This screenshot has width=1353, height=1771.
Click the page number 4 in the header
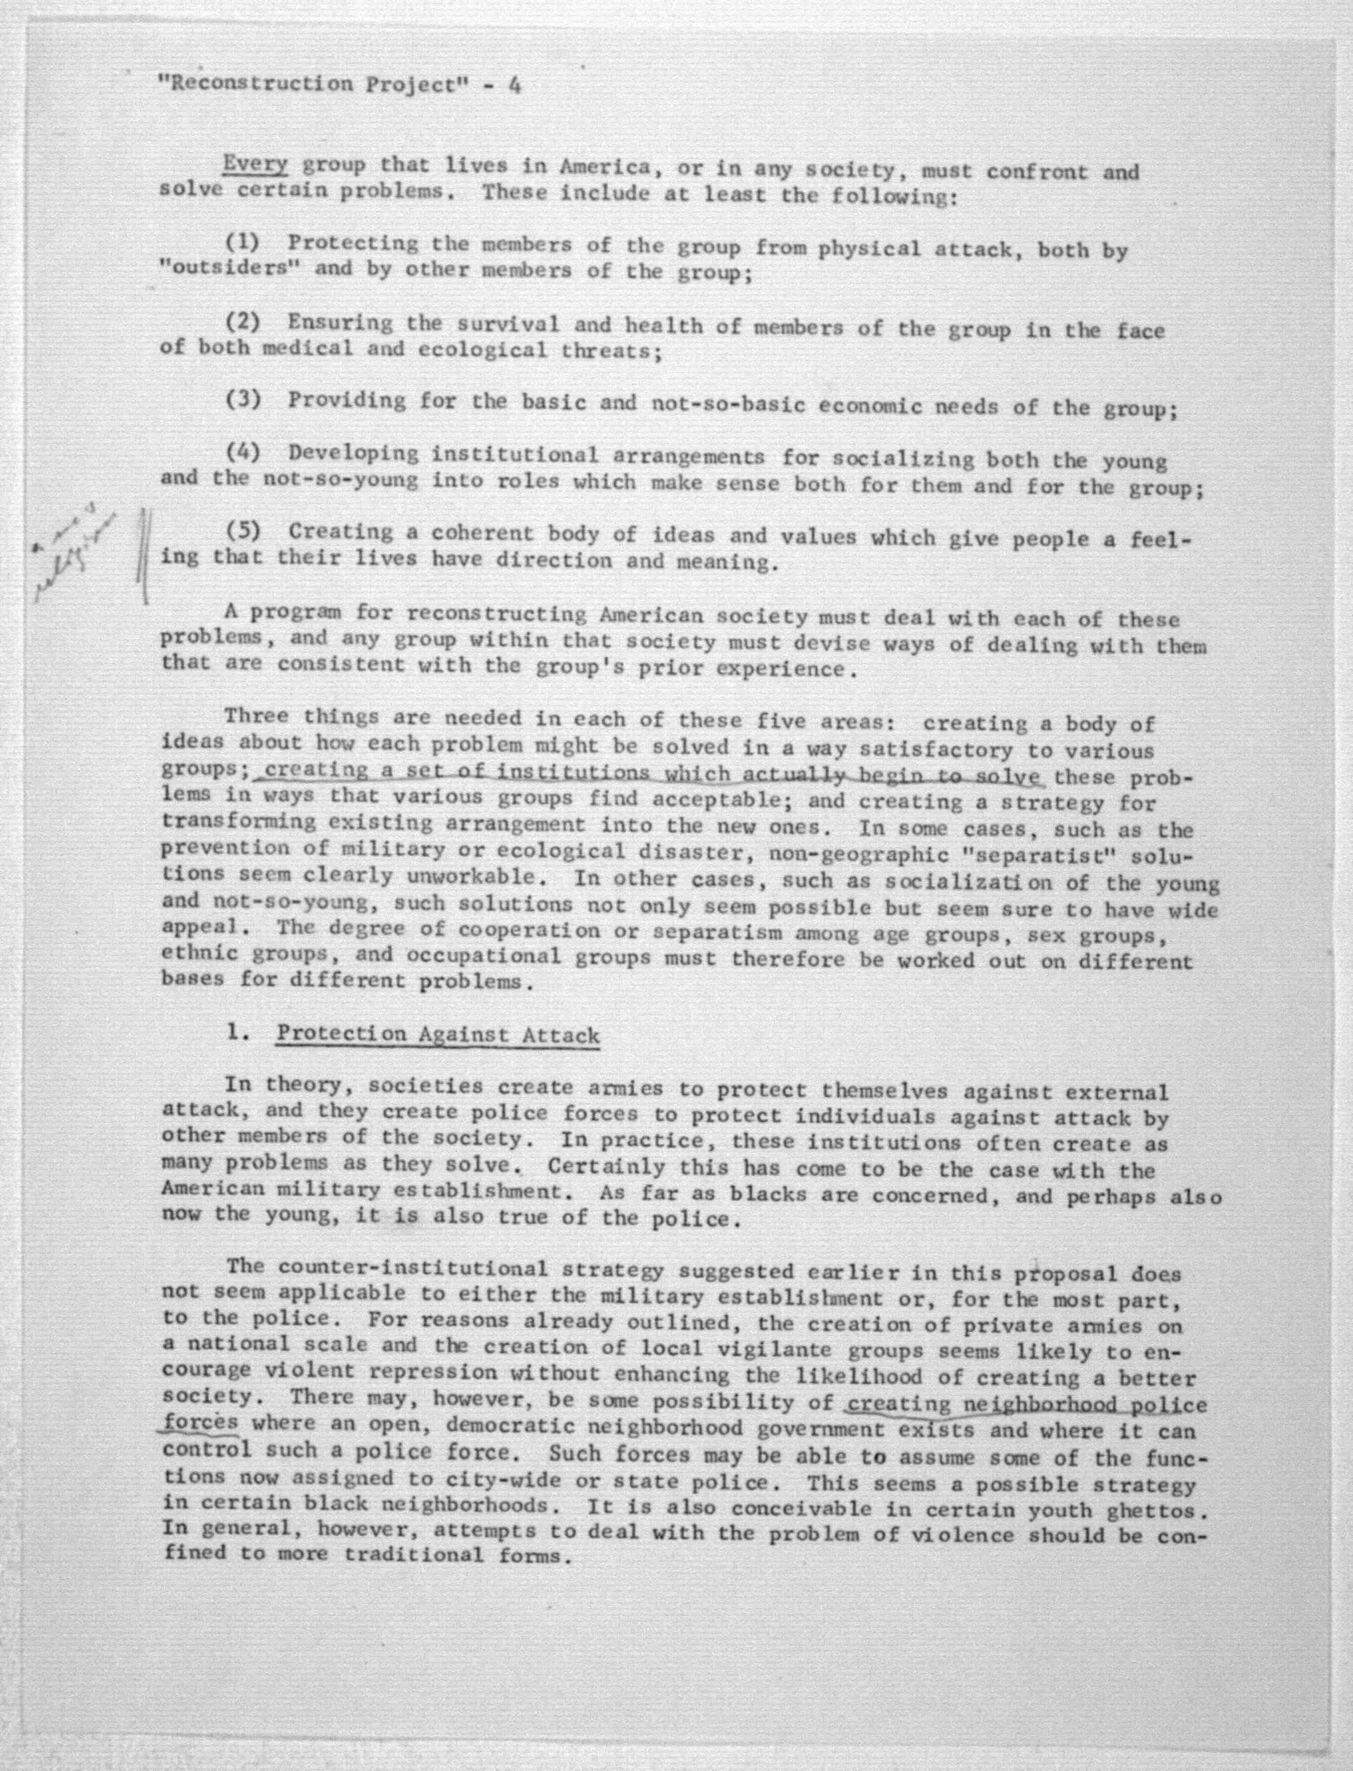pyautogui.click(x=513, y=85)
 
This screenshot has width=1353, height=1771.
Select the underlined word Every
pyautogui.click(x=255, y=164)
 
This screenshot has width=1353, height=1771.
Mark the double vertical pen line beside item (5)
pyautogui.click(x=144, y=556)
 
